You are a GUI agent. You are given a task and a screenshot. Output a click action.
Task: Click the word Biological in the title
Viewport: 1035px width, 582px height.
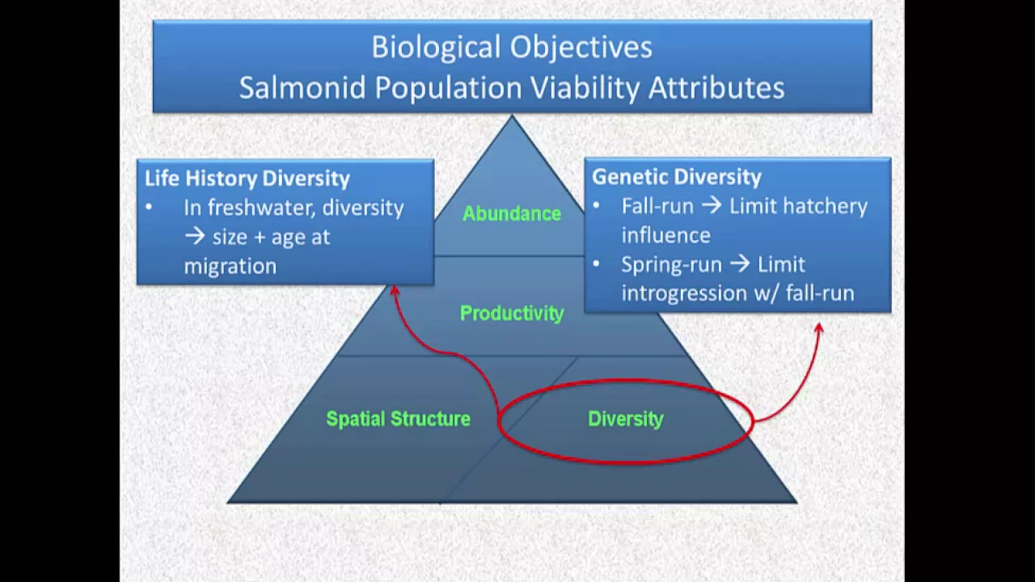(437, 48)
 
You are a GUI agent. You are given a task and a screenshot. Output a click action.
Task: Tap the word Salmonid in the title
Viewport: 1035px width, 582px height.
(302, 87)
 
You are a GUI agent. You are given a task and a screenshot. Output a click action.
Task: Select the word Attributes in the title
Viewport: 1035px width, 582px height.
(716, 87)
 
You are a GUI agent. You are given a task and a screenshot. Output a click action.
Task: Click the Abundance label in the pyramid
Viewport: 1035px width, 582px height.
(512, 213)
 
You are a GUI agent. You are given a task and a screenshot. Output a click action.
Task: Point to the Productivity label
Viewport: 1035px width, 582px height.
(512, 314)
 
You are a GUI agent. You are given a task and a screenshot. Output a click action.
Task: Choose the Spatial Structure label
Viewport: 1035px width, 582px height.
(399, 419)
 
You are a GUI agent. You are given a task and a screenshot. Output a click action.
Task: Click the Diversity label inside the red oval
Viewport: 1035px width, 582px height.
(626, 419)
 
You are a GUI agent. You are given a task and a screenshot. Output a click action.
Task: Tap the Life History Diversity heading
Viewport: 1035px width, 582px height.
(247, 179)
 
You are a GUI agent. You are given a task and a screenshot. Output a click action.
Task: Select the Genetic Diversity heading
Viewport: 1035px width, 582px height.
(677, 177)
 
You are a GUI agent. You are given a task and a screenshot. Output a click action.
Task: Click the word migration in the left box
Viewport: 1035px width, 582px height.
(230, 267)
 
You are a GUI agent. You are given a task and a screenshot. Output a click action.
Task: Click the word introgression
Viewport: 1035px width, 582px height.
(684, 293)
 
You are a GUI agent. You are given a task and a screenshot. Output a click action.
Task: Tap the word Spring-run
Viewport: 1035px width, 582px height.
(671, 264)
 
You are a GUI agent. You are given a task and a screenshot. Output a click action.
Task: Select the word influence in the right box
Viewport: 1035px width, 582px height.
(665, 235)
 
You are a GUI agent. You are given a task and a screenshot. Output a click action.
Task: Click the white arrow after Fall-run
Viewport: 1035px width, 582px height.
(712, 205)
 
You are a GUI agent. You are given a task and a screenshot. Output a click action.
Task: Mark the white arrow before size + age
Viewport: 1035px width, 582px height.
(195, 237)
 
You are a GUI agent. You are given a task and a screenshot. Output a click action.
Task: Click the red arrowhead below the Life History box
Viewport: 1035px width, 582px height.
(394, 290)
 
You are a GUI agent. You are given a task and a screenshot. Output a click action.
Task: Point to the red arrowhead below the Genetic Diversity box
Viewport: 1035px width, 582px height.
(819, 328)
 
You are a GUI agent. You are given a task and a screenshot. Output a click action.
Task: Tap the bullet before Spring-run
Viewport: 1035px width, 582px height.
(597, 264)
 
